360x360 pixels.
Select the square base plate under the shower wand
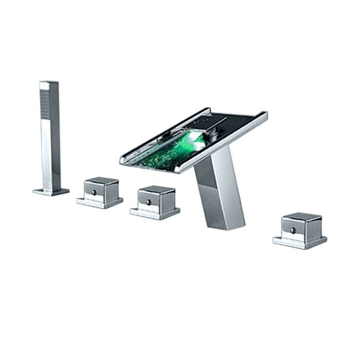[x=51, y=191]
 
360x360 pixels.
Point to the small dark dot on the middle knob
[x=147, y=202]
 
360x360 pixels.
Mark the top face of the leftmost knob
[x=101, y=181]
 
